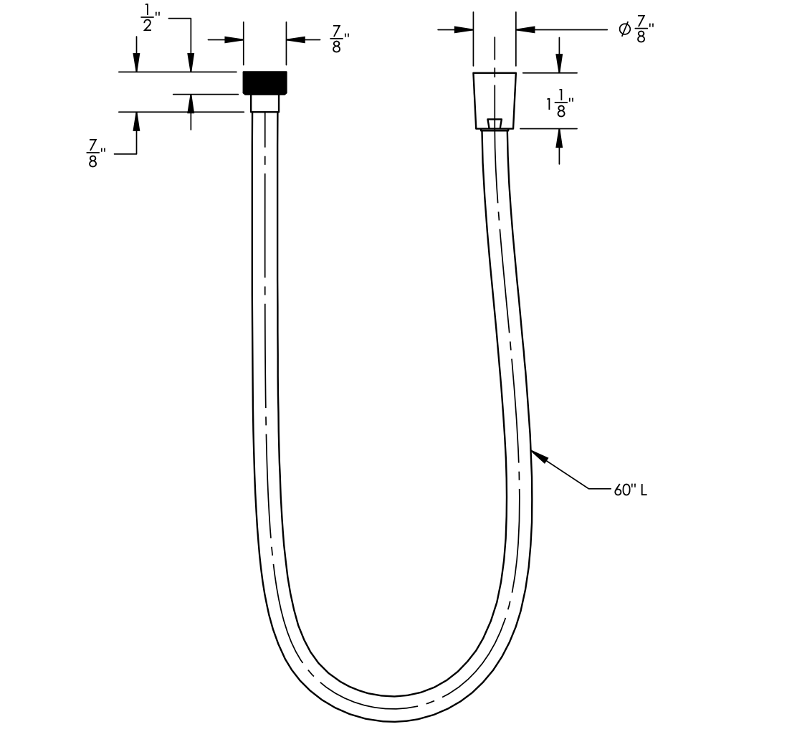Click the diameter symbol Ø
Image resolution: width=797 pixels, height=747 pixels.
pyautogui.click(x=624, y=29)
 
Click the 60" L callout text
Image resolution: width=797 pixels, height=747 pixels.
pyautogui.click(x=630, y=490)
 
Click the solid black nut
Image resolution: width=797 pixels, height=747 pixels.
pyautogui.click(x=264, y=82)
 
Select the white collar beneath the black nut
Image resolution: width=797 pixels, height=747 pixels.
pyautogui.click(x=264, y=103)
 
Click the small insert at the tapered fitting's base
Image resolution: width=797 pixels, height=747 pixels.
pyautogui.click(x=495, y=124)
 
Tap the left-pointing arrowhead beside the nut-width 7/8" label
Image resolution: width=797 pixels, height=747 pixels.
pyautogui.click(x=296, y=39)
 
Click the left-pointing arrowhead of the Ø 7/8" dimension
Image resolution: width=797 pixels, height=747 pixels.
pyautogui.click(x=525, y=29)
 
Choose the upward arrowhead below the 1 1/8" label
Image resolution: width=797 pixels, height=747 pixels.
pyautogui.click(x=559, y=138)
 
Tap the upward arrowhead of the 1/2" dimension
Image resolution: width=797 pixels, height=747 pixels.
pyautogui.click(x=191, y=103)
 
